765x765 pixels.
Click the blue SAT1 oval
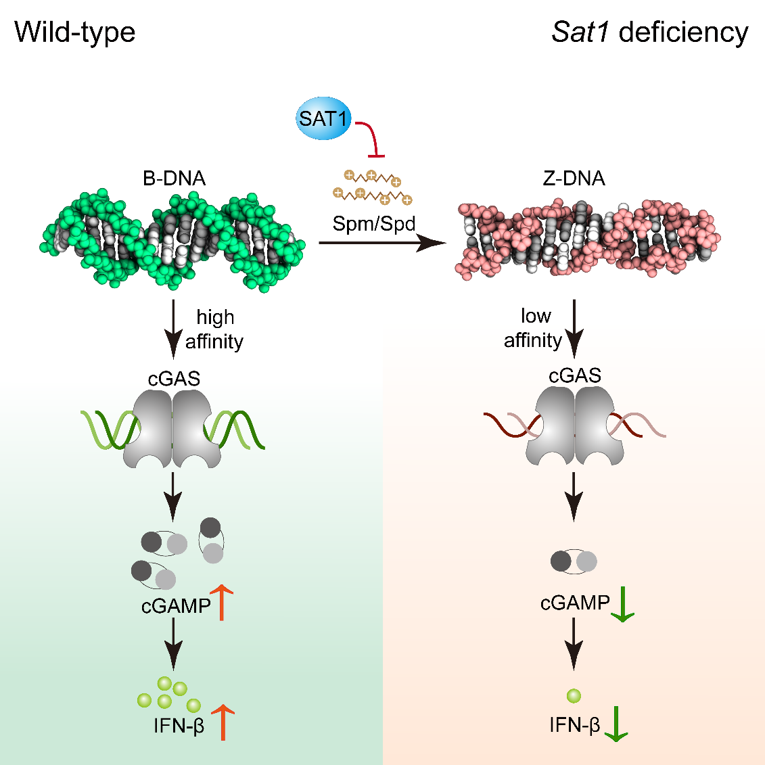[324, 120]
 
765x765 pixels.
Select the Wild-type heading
[75, 32]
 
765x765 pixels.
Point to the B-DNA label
[174, 179]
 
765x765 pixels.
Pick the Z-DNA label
[574, 179]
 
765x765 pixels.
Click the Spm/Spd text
[374, 223]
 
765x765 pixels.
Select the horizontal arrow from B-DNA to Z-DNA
[379, 243]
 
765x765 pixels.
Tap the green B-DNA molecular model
[172, 240]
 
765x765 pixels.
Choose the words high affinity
[214, 329]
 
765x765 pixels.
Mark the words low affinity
[534, 328]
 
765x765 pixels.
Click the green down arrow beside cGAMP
[622, 604]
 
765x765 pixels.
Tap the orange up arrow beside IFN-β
[223, 722]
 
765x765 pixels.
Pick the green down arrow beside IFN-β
[616, 724]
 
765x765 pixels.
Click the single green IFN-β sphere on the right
[574, 695]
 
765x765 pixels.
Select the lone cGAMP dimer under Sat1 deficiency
[574, 561]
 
